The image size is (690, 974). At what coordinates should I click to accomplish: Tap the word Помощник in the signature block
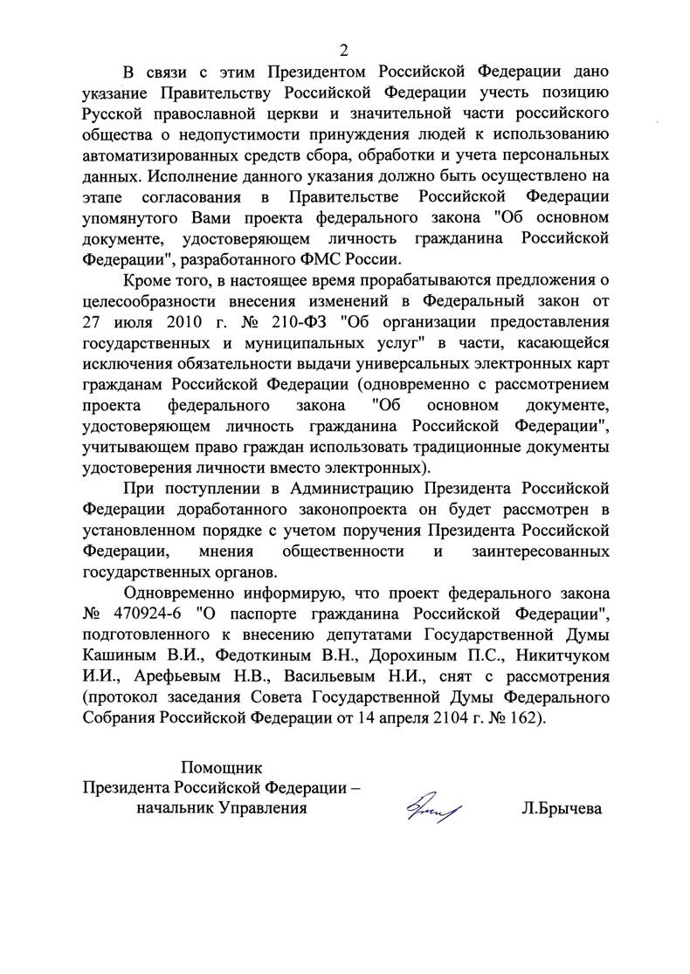[x=221, y=768]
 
